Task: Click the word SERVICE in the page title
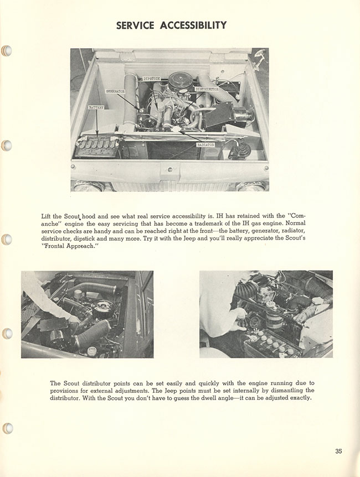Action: (x=136, y=25)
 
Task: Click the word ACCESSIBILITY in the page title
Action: (x=193, y=25)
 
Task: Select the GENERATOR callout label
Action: (x=115, y=90)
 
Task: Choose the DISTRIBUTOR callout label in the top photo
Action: (x=206, y=89)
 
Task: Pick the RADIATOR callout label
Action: (x=205, y=144)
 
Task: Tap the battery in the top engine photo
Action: (x=97, y=148)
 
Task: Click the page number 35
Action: (x=338, y=451)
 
